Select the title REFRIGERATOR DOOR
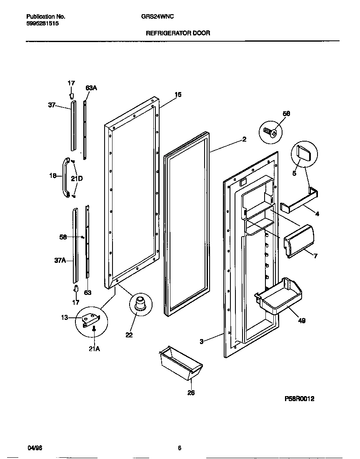tap(177, 32)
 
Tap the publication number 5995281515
tap(42, 24)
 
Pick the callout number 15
tap(178, 95)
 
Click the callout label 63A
tap(91, 88)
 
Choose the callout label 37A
tap(60, 261)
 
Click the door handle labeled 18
tap(66, 177)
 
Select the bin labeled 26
tap(180, 365)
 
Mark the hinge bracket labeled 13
tap(90, 319)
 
